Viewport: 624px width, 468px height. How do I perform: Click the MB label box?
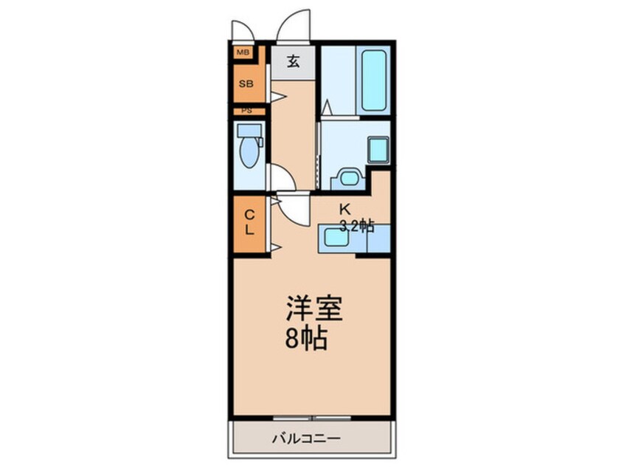tap(243, 52)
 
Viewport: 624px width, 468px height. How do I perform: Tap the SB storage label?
tap(246, 84)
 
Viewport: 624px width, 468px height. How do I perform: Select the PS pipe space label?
tap(247, 111)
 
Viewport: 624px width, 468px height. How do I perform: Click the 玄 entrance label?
tap(294, 61)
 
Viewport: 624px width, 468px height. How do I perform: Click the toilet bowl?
tap(249, 152)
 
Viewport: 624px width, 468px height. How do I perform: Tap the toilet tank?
tap(249, 130)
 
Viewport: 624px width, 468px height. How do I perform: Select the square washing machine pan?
tap(378, 150)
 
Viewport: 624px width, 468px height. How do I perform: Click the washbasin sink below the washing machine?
tap(348, 178)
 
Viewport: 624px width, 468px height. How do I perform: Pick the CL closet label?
tap(249, 223)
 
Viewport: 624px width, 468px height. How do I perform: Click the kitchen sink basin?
tap(336, 238)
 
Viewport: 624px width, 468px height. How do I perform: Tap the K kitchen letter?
tap(344, 209)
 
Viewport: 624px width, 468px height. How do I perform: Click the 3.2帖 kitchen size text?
tap(356, 226)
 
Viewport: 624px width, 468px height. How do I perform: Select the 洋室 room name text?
tap(314, 309)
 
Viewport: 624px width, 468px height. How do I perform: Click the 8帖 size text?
tap(306, 339)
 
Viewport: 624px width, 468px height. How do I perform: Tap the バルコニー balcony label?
tap(306, 438)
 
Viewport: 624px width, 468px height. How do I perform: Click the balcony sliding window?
tap(312, 418)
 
